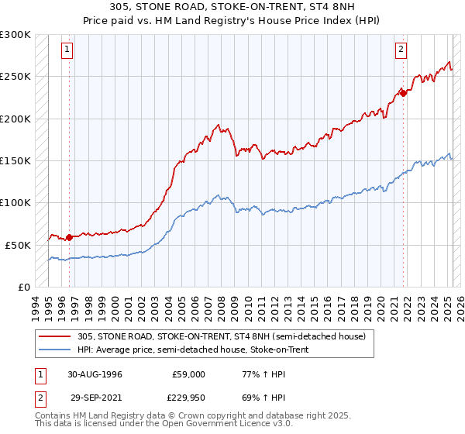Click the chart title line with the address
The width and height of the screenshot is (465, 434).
pos(232,7)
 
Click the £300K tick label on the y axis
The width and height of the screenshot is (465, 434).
pos(15,35)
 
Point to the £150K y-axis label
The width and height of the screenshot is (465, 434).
pos(15,160)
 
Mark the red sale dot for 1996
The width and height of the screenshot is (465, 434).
pos(69,237)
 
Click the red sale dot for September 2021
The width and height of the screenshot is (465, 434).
pos(403,94)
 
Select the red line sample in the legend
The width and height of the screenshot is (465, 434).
pos(56,336)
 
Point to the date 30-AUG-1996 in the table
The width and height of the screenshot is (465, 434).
pos(95,374)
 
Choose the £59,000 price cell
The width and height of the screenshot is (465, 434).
pos(189,374)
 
